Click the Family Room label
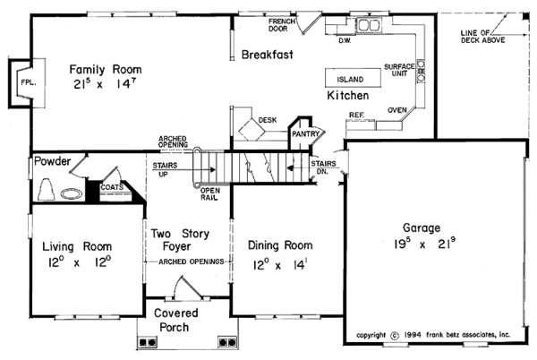click(106, 69)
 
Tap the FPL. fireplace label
click(28, 82)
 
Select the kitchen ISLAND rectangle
click(353, 78)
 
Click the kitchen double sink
click(369, 25)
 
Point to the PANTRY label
click(305, 134)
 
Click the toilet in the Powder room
click(47, 190)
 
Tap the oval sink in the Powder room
click(72, 194)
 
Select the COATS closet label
click(112, 187)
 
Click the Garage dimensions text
click(424, 244)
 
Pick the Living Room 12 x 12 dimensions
click(80, 262)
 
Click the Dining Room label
click(280, 244)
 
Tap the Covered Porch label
click(175, 320)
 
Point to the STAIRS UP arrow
click(184, 169)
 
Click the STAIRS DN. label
click(323, 167)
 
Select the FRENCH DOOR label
click(282, 25)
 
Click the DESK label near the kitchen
click(268, 120)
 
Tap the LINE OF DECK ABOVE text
click(482, 37)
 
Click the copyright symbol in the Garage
click(395, 336)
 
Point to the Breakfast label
click(267, 55)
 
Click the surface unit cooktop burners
click(421, 71)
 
